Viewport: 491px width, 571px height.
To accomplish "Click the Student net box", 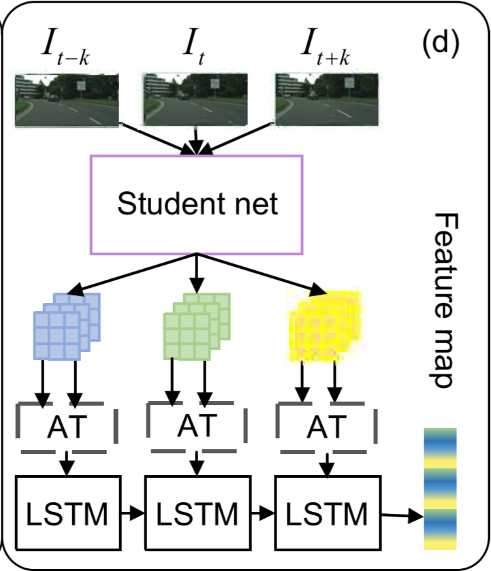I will pyautogui.click(x=197, y=203).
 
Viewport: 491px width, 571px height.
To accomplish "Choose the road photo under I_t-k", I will pyautogui.click(x=67, y=99).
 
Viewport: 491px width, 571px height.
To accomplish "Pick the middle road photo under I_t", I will pyautogui.click(x=196, y=99).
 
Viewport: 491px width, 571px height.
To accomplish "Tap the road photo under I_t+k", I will pyautogui.click(x=326, y=99).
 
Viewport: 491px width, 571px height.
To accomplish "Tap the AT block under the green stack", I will pyautogui.click(x=197, y=426).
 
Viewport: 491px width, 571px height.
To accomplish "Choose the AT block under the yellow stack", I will pyautogui.click(x=326, y=427).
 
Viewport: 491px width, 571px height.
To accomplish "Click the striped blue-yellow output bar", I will pyautogui.click(x=440, y=489).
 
